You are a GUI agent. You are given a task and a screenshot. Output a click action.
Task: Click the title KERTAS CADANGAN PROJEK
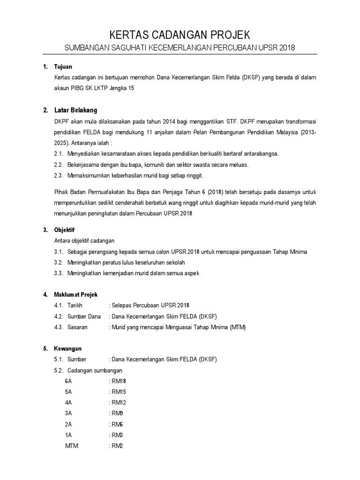pyautogui.click(x=180, y=35)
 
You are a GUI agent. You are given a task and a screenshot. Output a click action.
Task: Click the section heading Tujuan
pyautogui.click(x=63, y=67)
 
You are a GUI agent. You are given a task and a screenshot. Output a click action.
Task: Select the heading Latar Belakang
pyautogui.click(x=75, y=111)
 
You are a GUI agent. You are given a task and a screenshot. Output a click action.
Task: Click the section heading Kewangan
pyautogui.click(x=68, y=349)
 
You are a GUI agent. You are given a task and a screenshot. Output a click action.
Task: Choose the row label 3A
pyautogui.click(x=68, y=413)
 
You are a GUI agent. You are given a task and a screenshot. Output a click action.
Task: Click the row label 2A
pyautogui.click(x=68, y=424)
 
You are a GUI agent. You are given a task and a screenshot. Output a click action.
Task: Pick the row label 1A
pyautogui.click(x=68, y=435)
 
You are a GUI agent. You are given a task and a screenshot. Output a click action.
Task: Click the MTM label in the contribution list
pyautogui.click(x=72, y=446)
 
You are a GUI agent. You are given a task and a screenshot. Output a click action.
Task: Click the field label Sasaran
pyautogui.click(x=77, y=327)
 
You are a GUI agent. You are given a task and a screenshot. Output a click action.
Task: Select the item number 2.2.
pyautogui.click(x=59, y=165)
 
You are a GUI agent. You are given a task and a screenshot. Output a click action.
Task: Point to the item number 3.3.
pyautogui.click(x=59, y=273)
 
